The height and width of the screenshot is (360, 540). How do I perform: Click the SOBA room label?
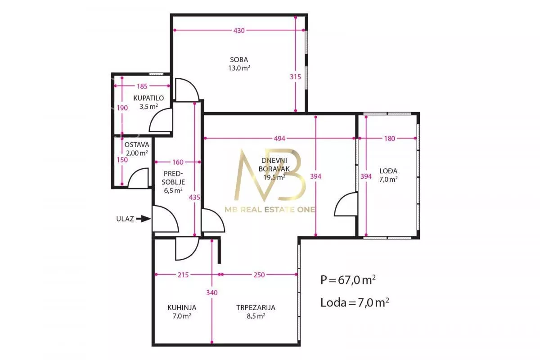239,59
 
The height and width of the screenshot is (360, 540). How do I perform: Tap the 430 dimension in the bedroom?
239,31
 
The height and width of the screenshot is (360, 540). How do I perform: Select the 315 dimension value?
295,77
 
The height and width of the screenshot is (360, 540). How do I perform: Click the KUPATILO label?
148,98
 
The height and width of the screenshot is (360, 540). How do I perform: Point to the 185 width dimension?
142,86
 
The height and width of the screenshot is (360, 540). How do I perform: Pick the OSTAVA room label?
137,145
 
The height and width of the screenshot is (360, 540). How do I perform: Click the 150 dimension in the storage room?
122,160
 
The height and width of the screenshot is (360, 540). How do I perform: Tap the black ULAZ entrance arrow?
144,219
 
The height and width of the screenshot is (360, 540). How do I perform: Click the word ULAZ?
125,219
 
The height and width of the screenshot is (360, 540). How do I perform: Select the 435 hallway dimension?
194,198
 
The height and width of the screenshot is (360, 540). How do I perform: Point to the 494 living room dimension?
279,139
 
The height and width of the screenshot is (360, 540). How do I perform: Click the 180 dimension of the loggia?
390,139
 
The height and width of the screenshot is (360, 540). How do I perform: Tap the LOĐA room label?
388,171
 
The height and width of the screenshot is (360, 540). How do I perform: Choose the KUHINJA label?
182,308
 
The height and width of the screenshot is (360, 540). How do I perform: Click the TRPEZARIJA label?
256,308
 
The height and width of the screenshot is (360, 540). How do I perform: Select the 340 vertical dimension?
212,293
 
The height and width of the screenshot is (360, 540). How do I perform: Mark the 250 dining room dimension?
259,275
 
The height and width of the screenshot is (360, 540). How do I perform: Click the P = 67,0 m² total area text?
348,280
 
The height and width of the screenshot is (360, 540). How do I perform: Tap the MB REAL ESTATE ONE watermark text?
270,210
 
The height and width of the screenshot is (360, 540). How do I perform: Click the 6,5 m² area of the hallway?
173,190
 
